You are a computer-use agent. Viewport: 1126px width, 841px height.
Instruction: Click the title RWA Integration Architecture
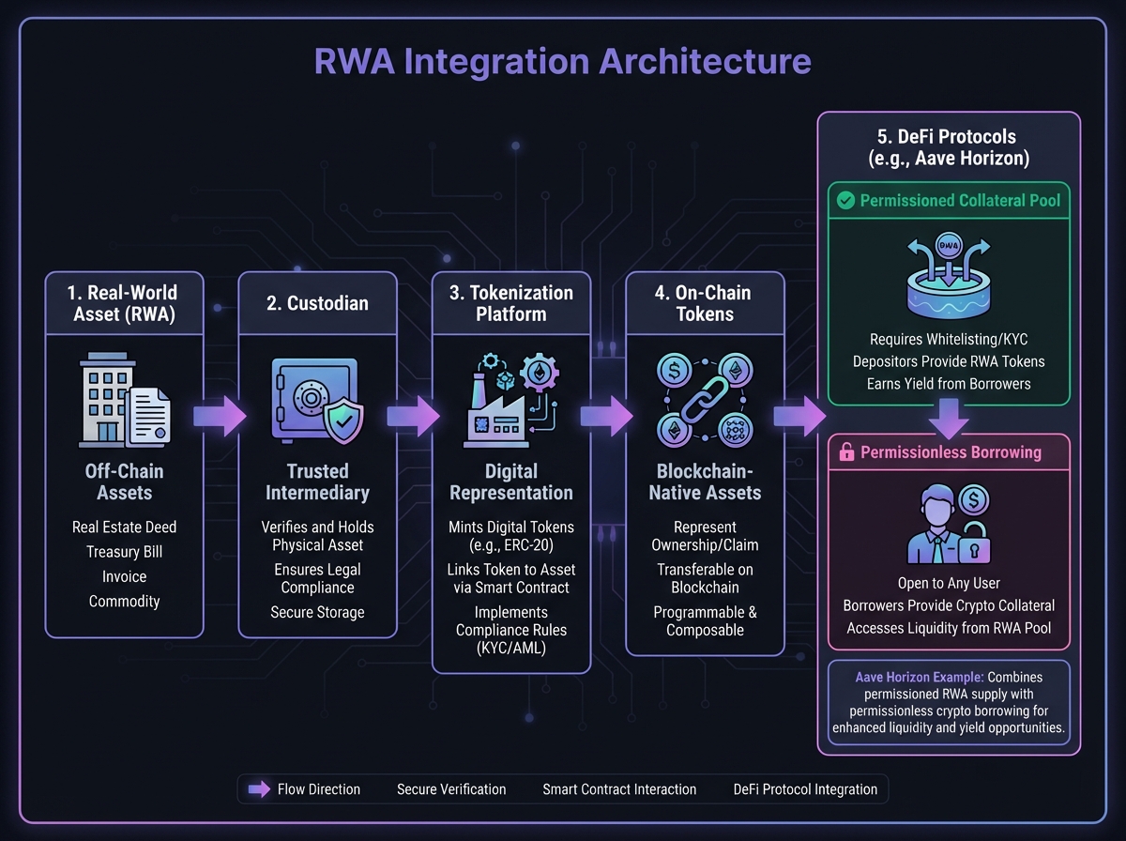coord(563,62)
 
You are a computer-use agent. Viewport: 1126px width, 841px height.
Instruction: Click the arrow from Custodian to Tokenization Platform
coord(412,413)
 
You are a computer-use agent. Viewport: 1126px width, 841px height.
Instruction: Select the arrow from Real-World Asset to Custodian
coord(219,414)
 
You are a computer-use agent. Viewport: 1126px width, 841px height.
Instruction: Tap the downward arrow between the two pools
coord(949,420)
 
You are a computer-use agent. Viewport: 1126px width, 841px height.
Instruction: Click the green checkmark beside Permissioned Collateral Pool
coord(844,200)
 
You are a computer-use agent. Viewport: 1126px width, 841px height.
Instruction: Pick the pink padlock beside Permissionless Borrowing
coord(844,451)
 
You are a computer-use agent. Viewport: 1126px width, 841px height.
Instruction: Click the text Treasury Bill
coord(124,552)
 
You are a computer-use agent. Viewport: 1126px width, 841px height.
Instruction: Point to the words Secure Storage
coord(317,612)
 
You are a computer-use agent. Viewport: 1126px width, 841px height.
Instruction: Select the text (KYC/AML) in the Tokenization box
coord(511,648)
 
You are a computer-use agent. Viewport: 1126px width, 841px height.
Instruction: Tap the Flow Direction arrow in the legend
coord(257,789)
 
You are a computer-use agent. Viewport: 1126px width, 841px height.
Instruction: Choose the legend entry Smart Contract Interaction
coord(619,789)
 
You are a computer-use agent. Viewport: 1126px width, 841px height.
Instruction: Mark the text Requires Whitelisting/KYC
coord(949,338)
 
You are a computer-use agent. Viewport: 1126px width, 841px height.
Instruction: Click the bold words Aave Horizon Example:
coord(908,677)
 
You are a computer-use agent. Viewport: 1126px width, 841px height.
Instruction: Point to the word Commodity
coord(124,601)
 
